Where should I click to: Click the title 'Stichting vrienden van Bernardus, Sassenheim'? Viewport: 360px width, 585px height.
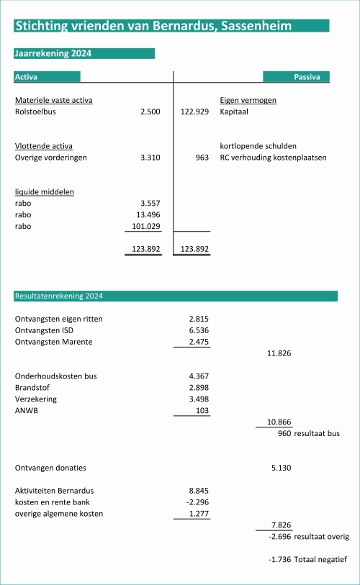(x=153, y=26)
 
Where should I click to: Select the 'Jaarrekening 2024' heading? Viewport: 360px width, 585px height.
(x=53, y=53)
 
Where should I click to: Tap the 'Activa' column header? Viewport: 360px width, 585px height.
(x=27, y=76)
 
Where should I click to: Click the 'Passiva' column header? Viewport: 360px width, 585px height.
(x=306, y=76)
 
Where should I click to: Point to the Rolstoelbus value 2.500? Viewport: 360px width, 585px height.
(x=150, y=112)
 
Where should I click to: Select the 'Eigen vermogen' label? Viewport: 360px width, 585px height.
(x=248, y=100)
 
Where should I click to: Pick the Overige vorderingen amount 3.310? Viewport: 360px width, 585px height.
(x=150, y=158)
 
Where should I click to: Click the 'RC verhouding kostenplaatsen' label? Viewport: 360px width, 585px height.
(x=273, y=158)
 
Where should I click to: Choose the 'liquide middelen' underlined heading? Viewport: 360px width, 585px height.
(x=45, y=192)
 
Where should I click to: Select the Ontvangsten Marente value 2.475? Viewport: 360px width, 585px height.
(x=199, y=342)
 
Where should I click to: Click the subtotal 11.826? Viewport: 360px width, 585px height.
(x=279, y=353)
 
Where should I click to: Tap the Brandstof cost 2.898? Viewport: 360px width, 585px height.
(x=199, y=388)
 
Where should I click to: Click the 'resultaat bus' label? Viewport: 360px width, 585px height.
(x=317, y=434)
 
